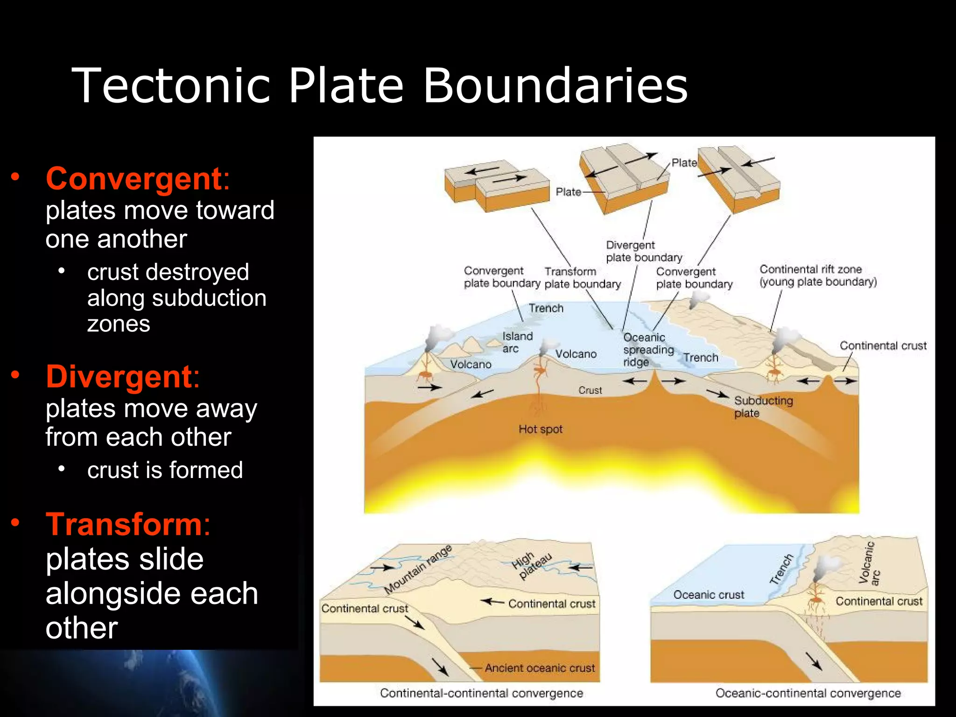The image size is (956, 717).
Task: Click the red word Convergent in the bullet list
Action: pos(134,179)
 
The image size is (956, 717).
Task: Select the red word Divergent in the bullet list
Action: pos(119,377)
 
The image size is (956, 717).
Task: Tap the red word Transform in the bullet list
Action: pos(124,525)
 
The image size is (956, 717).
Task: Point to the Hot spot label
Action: pos(541,429)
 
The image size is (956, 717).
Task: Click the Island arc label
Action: pos(517,342)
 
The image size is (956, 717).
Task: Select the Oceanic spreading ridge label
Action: pos(648,350)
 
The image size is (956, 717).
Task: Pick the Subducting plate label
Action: pos(763,407)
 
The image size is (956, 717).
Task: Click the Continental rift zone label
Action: pos(818,275)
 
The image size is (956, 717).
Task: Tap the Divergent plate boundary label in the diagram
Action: pos(644,251)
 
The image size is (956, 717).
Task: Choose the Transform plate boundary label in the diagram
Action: pos(582,278)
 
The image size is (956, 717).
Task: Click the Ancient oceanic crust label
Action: pos(540,668)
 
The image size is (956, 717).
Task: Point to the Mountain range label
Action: pos(418,569)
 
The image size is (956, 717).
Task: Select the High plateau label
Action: pos(531,565)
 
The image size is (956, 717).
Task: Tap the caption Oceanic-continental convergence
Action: pos(808,693)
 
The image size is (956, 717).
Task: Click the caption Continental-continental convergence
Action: pos(481,693)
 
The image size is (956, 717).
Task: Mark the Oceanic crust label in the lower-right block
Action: pos(708,595)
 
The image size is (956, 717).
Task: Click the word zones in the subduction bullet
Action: pos(119,324)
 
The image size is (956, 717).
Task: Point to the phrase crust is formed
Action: pos(165,470)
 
